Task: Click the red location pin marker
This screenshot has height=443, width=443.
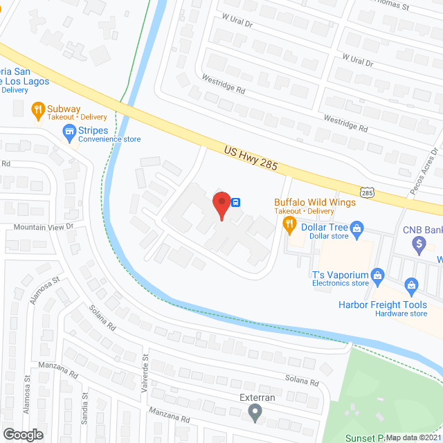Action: [x=221, y=205]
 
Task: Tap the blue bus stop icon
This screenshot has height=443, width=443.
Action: [x=236, y=202]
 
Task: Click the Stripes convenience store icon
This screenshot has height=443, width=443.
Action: [x=69, y=131]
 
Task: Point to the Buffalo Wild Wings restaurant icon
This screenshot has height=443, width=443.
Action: [x=289, y=223]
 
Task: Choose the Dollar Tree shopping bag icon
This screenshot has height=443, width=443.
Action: [x=357, y=227]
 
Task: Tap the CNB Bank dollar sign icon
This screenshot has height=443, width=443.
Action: [x=418, y=243]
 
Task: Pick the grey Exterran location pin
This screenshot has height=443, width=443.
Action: [x=255, y=414]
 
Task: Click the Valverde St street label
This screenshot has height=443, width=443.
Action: [x=146, y=369]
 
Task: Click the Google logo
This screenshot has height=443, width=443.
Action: [x=23, y=434]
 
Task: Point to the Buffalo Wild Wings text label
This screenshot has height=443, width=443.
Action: [x=315, y=201]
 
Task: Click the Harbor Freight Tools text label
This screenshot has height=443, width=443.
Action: [x=382, y=305]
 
